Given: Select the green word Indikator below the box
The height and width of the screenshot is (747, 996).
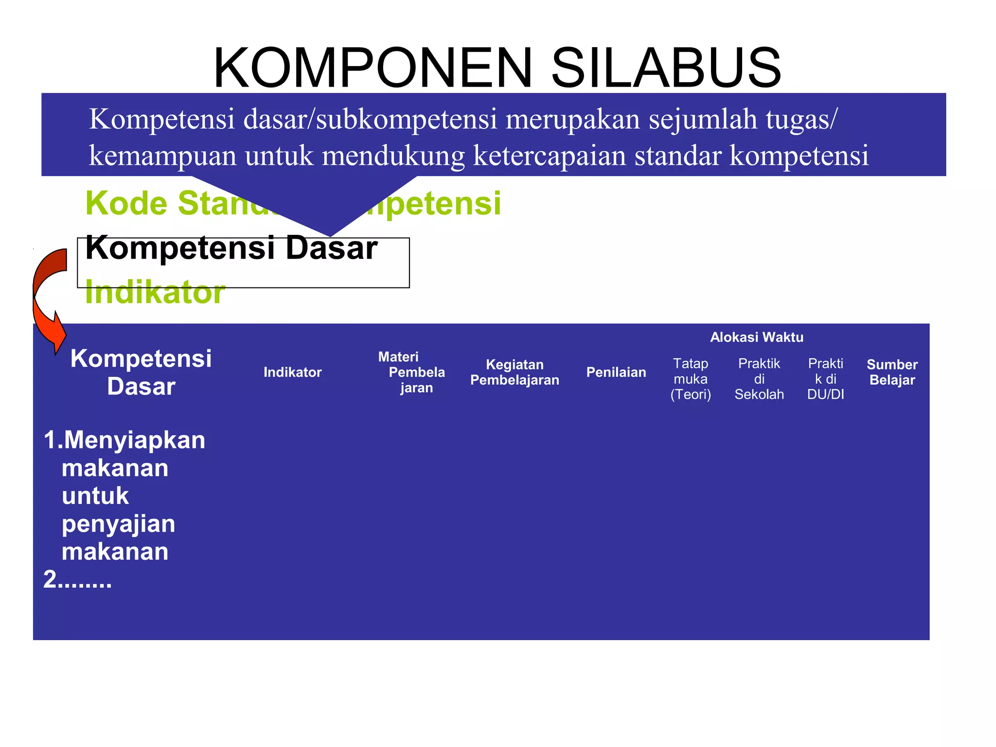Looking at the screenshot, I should point(155,293).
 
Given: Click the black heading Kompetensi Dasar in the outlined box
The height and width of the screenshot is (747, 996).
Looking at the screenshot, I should point(231,248).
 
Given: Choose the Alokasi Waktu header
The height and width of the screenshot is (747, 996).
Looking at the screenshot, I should point(756,337).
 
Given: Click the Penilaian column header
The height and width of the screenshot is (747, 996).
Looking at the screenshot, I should point(616,373).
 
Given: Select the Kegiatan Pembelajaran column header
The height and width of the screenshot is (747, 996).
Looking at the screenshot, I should point(515,373).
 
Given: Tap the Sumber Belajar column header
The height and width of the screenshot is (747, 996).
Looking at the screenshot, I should point(892,373).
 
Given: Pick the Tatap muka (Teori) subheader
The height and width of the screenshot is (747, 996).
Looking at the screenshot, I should point(691,379).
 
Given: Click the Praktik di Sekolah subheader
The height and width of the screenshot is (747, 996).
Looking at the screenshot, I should point(759,379).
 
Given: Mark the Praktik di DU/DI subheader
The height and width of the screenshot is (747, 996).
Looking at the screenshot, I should point(825,379).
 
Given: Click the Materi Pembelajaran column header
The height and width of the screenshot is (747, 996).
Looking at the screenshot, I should point(411,373).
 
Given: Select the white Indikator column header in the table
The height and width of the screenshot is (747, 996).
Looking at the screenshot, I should point(292,373).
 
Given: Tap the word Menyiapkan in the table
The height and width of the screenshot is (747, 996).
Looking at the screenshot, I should point(134,441).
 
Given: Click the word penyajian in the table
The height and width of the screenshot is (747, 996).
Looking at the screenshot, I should point(118,524).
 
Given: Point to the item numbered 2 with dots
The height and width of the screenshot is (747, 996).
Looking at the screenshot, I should point(77,580).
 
